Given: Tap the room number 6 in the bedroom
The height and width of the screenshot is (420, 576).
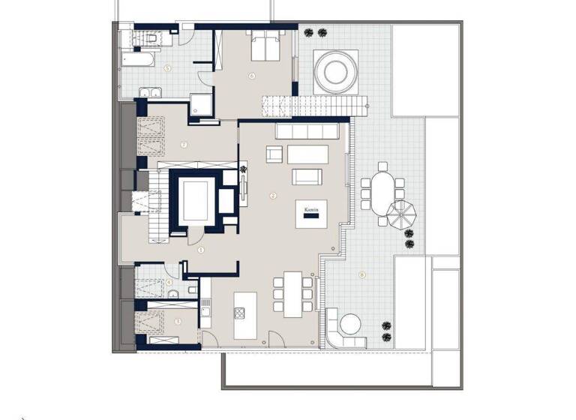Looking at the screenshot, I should coord(252,75).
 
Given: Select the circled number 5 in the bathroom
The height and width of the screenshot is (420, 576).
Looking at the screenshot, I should coord(167,67).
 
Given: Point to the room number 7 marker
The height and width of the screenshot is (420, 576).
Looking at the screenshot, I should coord(183,144).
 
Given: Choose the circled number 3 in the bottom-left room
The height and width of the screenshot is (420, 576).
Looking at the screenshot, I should coord(178,321).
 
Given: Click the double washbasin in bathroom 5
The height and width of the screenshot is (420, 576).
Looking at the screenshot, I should coord(150,92).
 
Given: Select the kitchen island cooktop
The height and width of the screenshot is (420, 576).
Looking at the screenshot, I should coord(241,312).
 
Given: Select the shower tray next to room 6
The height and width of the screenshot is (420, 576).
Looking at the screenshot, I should coord(200,103).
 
